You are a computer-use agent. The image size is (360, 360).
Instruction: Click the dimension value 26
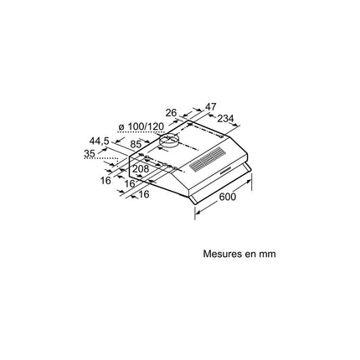coord(171,113)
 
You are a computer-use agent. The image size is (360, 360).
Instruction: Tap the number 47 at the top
coord(211,106)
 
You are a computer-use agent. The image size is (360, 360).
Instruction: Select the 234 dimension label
coord(225,119)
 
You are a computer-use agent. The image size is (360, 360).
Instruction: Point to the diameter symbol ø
coord(121,127)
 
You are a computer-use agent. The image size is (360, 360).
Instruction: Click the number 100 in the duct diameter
coord(136,126)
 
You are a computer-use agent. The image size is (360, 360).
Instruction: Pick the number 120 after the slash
coord(155,126)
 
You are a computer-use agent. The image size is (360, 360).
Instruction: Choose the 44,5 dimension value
coord(99,141)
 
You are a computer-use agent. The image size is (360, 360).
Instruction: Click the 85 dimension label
coord(136,144)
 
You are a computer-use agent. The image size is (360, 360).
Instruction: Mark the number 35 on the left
coord(90,153)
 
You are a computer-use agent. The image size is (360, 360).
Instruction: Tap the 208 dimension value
coord(141,169)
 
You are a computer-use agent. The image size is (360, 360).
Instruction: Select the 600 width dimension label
coord(228,197)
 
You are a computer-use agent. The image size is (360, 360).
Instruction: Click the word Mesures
coord(221,254)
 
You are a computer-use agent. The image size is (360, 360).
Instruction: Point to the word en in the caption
coord(249,255)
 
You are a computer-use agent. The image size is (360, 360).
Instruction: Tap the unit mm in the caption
coord(267,255)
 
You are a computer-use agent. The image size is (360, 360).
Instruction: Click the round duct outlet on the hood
coord(169,141)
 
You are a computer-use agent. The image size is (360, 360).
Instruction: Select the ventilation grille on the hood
coord(208,160)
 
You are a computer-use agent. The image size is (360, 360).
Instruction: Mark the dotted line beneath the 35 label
coord(100,159)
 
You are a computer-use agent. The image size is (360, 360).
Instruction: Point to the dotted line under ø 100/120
coord(141,131)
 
